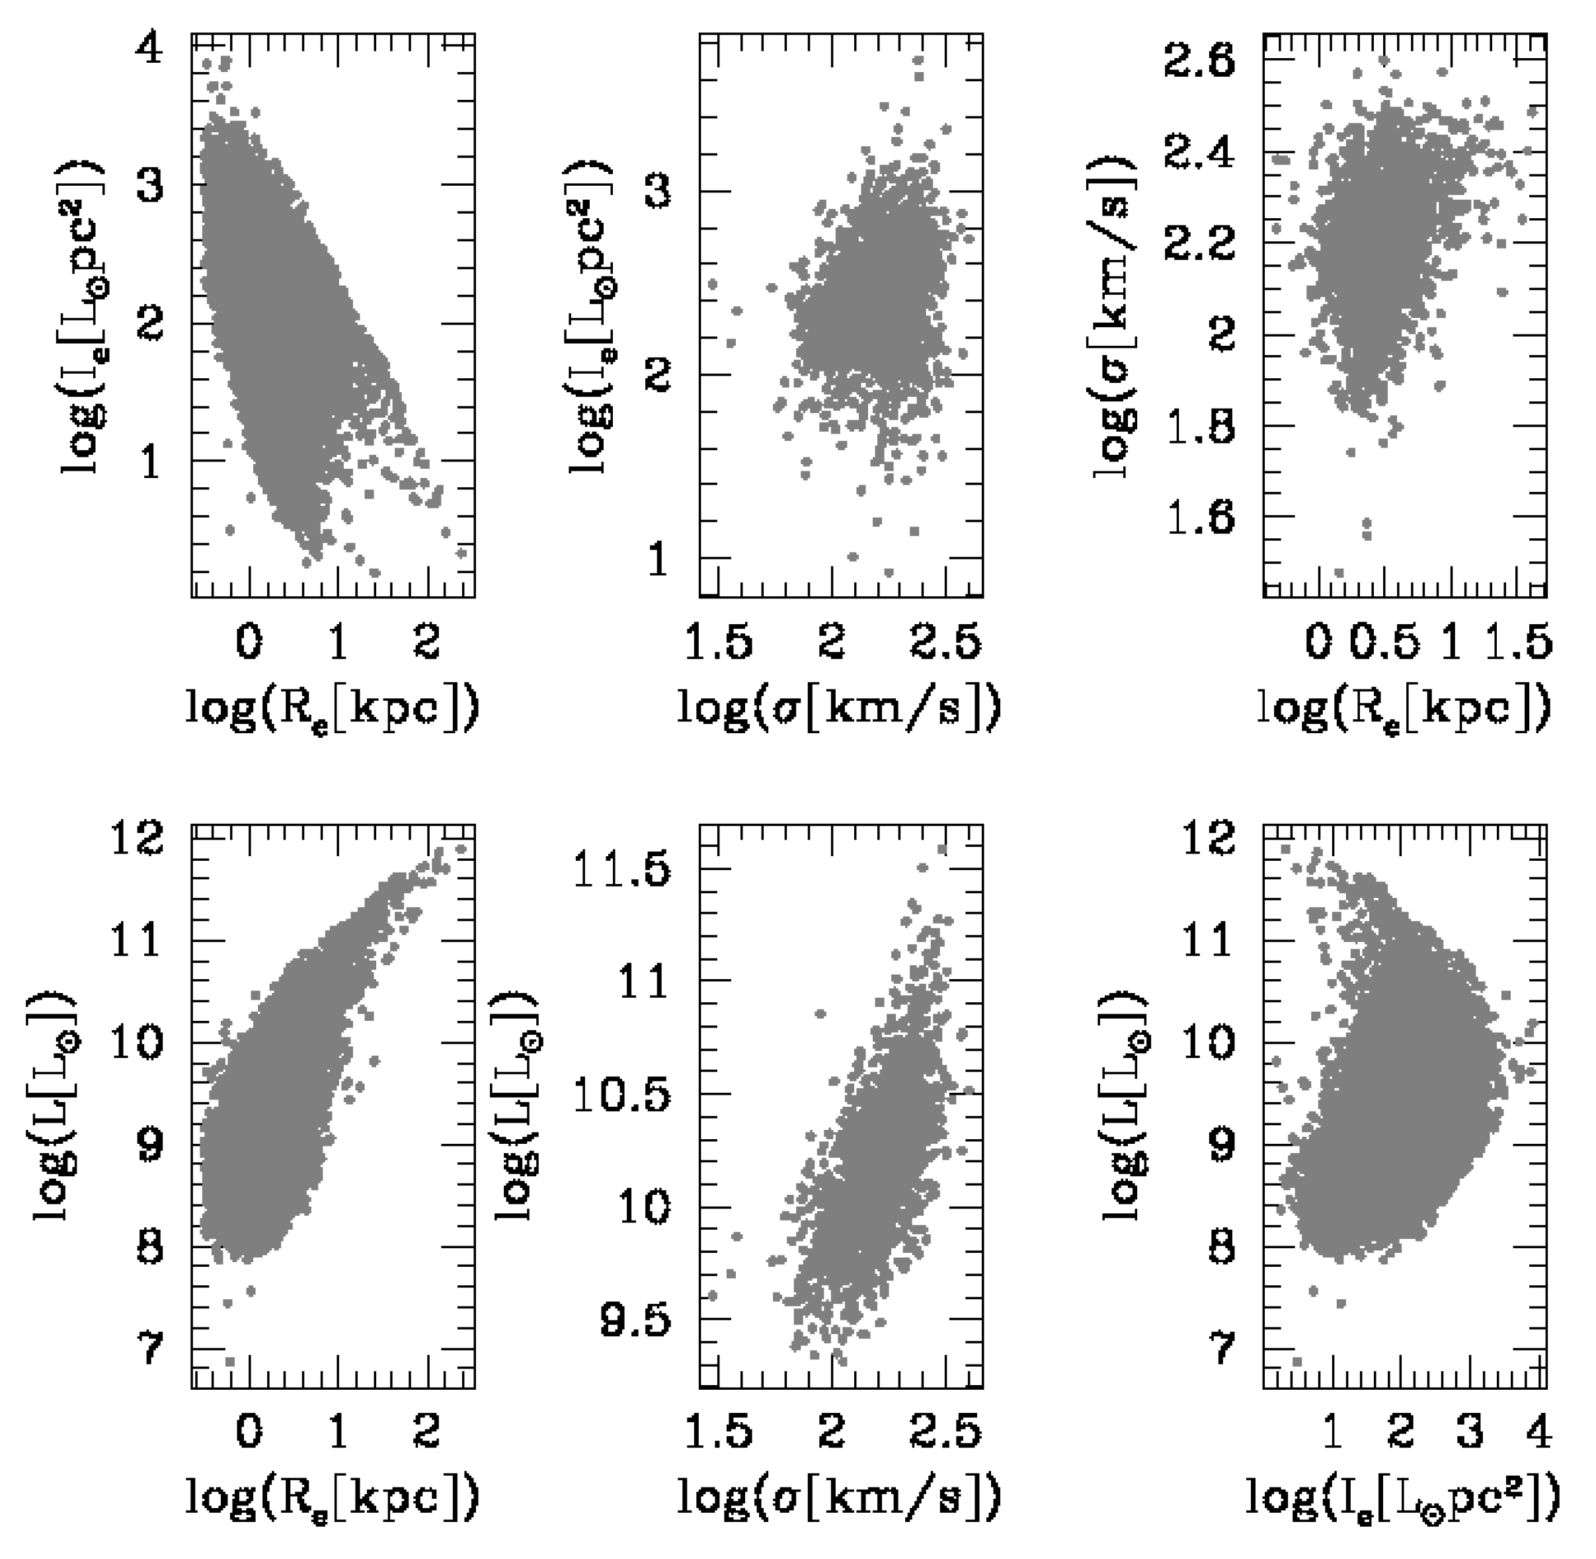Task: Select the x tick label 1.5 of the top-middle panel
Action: pyautogui.click(x=719, y=643)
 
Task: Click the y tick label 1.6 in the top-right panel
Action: pyautogui.click(x=1198, y=518)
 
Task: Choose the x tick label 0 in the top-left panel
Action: pyautogui.click(x=249, y=643)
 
